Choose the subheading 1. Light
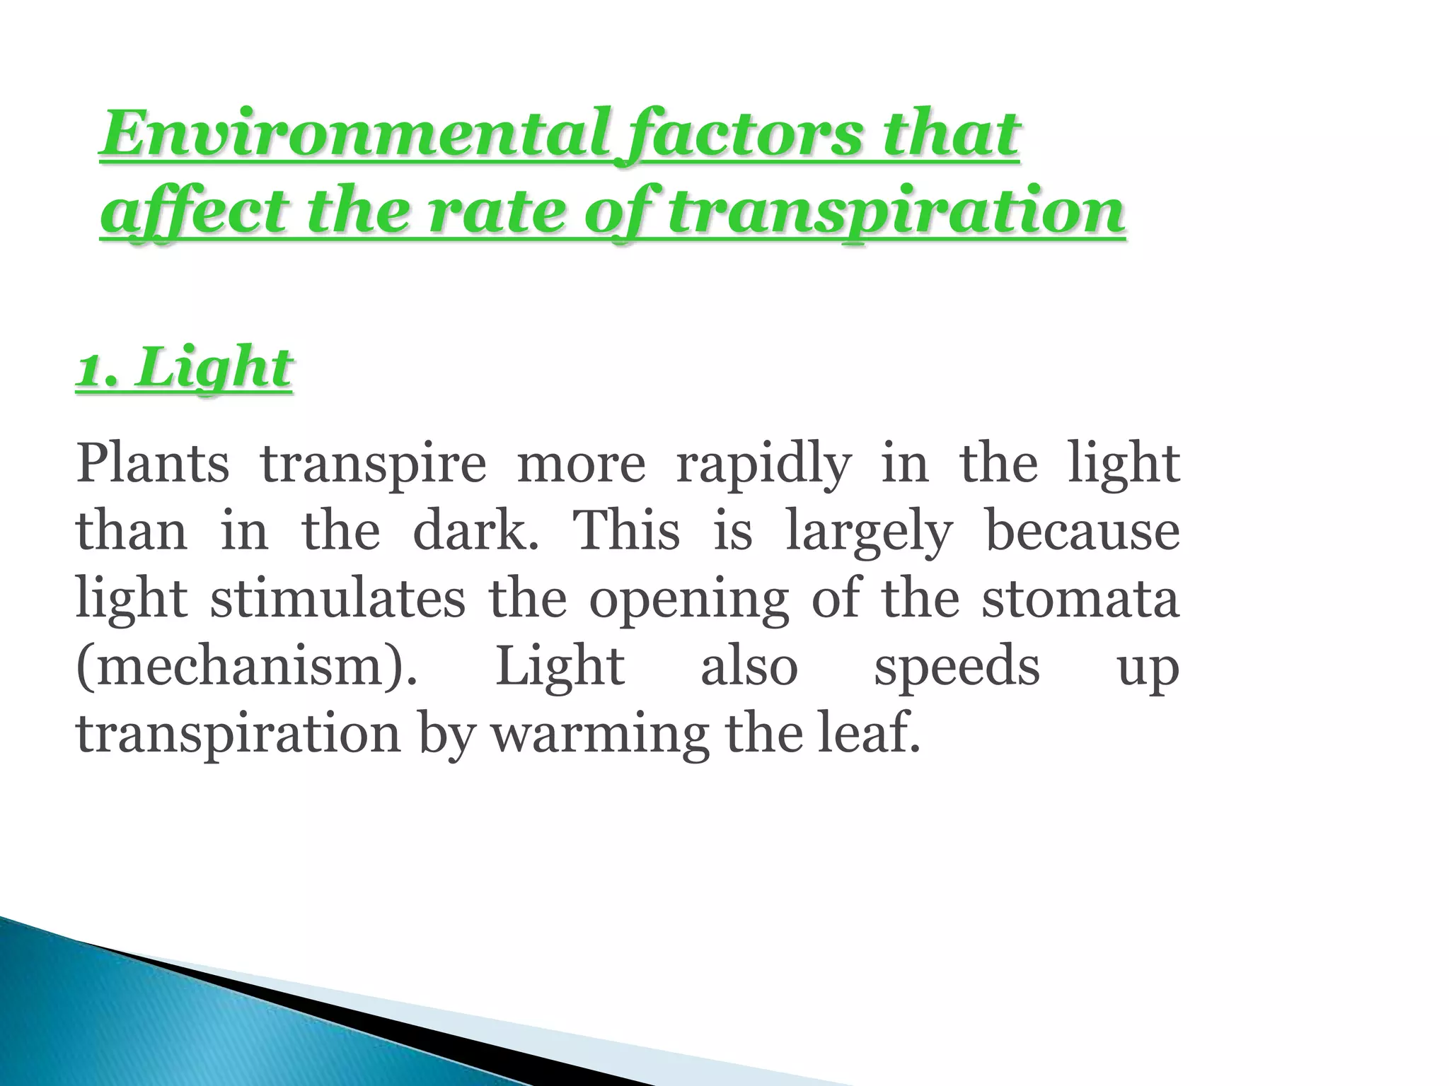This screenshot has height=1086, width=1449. [184, 368]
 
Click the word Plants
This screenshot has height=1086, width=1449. [153, 464]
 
